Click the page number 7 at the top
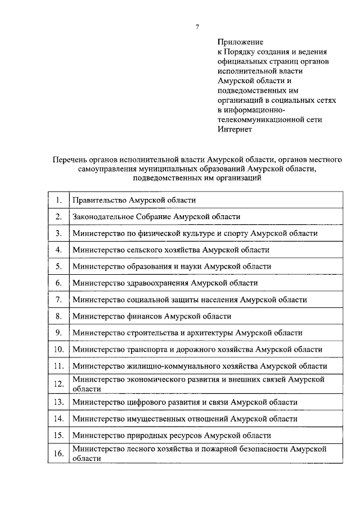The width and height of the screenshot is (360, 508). [197, 26]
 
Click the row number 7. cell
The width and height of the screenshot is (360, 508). [58, 300]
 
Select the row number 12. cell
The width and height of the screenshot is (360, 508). [58, 384]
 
